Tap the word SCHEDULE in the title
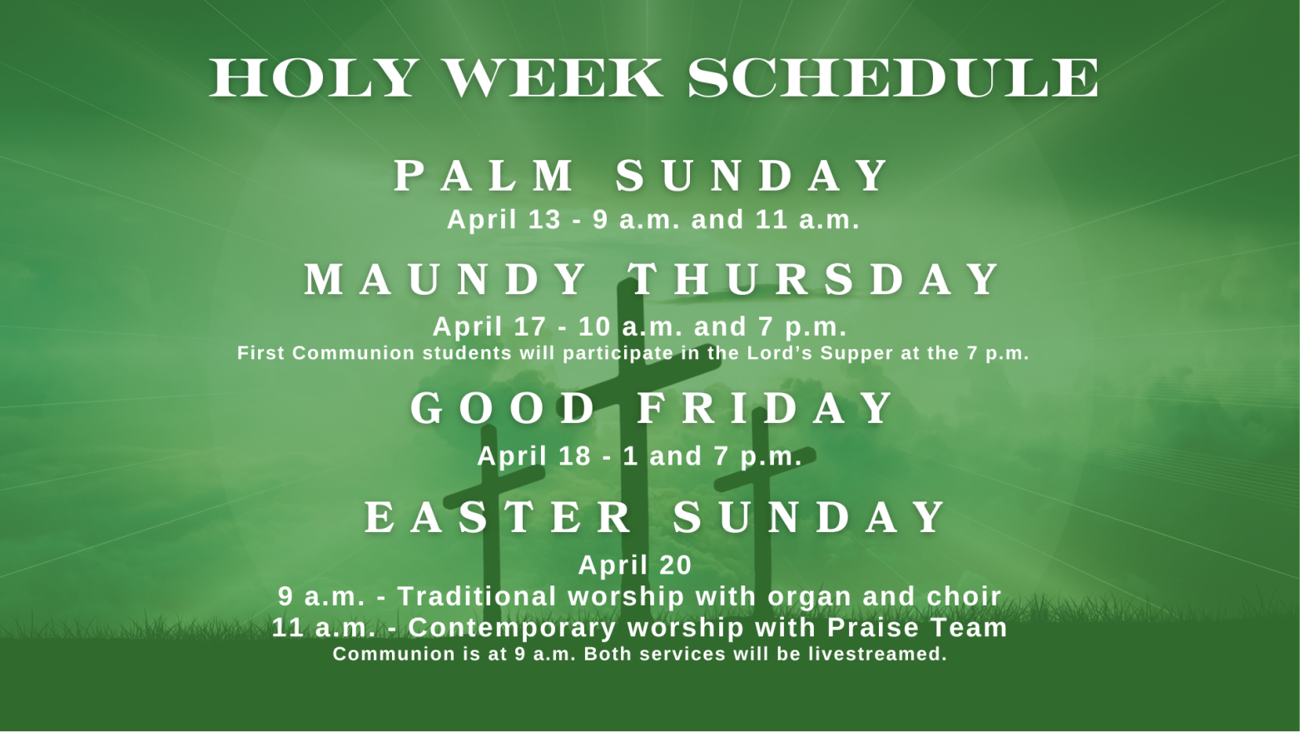point(893,77)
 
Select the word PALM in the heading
point(484,176)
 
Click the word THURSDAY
point(813,280)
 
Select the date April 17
point(489,326)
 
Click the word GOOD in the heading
point(501,408)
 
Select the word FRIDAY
point(765,408)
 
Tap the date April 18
point(534,456)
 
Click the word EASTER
point(499,518)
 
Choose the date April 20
point(635,565)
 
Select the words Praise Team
point(917,628)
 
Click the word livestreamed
point(877,655)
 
